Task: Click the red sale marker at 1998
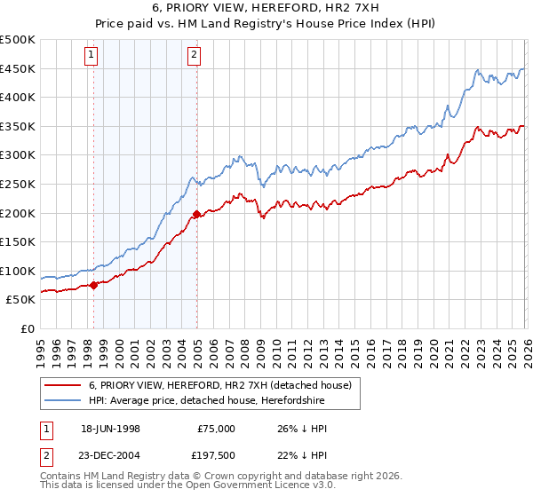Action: (94, 285)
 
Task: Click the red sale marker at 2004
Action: (196, 214)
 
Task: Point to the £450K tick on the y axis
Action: (18, 69)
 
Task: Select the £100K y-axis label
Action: (18, 272)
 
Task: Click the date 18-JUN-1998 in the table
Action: (110, 429)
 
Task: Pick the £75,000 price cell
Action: (215, 429)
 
